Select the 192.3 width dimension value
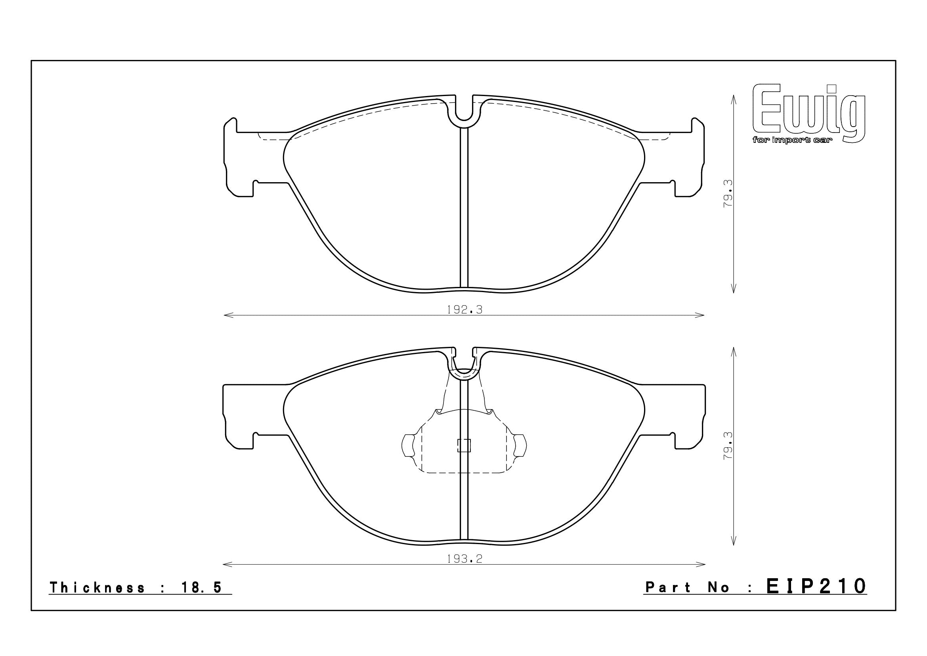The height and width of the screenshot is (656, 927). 465,310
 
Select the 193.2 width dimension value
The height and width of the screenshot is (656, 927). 465,560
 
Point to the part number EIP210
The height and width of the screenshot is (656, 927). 816,585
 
